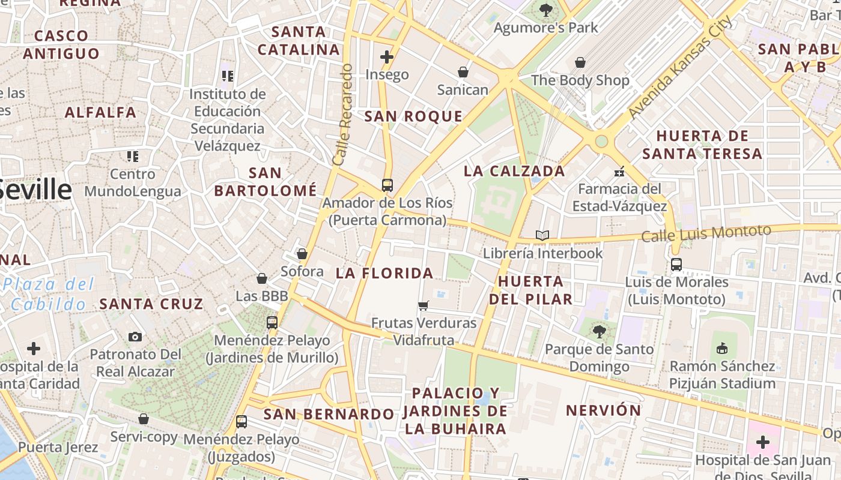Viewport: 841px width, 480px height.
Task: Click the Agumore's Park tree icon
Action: (x=546, y=10)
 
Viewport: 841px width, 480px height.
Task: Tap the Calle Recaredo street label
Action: (x=342, y=115)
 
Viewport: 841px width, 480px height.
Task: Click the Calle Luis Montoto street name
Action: (x=706, y=233)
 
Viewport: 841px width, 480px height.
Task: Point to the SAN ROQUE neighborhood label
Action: (x=413, y=116)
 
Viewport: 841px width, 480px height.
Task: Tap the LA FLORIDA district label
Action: (x=384, y=273)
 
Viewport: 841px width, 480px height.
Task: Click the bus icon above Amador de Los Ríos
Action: (x=387, y=185)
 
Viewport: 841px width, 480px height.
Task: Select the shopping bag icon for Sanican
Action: (x=463, y=72)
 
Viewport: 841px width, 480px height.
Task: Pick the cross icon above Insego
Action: (x=387, y=57)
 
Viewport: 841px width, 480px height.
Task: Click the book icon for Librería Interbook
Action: (x=542, y=235)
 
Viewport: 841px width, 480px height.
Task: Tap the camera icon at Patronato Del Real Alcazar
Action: (x=135, y=337)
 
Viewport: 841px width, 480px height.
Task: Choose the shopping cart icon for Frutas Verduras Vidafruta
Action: (x=424, y=305)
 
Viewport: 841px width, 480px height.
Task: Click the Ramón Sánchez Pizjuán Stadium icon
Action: (x=722, y=348)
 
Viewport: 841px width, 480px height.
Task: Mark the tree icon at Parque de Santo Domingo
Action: (x=599, y=331)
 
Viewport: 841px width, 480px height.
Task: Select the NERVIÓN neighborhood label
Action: (x=603, y=410)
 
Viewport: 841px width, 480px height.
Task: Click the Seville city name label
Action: (x=36, y=190)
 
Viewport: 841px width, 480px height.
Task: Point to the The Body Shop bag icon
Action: (x=580, y=62)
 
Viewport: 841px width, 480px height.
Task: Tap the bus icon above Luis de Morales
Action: (x=676, y=264)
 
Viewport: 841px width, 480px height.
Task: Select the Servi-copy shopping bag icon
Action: (x=144, y=419)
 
